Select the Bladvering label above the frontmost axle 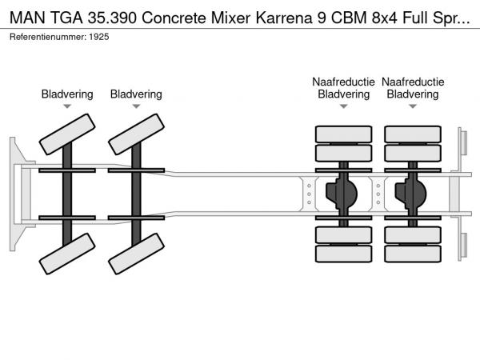[67, 94]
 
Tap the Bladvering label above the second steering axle [136, 94]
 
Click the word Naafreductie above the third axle [343, 82]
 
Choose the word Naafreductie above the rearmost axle [413, 82]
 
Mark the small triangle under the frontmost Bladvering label [67, 106]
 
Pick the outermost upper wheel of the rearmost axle [413, 134]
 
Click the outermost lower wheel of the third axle [344, 254]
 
